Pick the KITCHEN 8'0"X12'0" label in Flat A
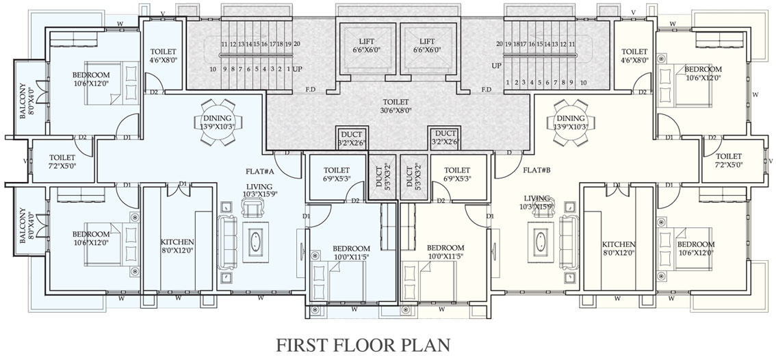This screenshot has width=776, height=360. click(177, 247)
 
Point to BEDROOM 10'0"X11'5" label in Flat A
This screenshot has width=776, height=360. click(351, 253)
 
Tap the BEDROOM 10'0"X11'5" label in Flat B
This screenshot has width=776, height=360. click(445, 253)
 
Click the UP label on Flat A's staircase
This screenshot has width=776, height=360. click(298, 69)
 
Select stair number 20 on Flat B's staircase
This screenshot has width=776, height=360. click(500, 44)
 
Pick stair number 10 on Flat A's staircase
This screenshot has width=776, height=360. click(214, 69)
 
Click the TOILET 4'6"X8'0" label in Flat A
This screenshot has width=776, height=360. click(164, 55)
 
